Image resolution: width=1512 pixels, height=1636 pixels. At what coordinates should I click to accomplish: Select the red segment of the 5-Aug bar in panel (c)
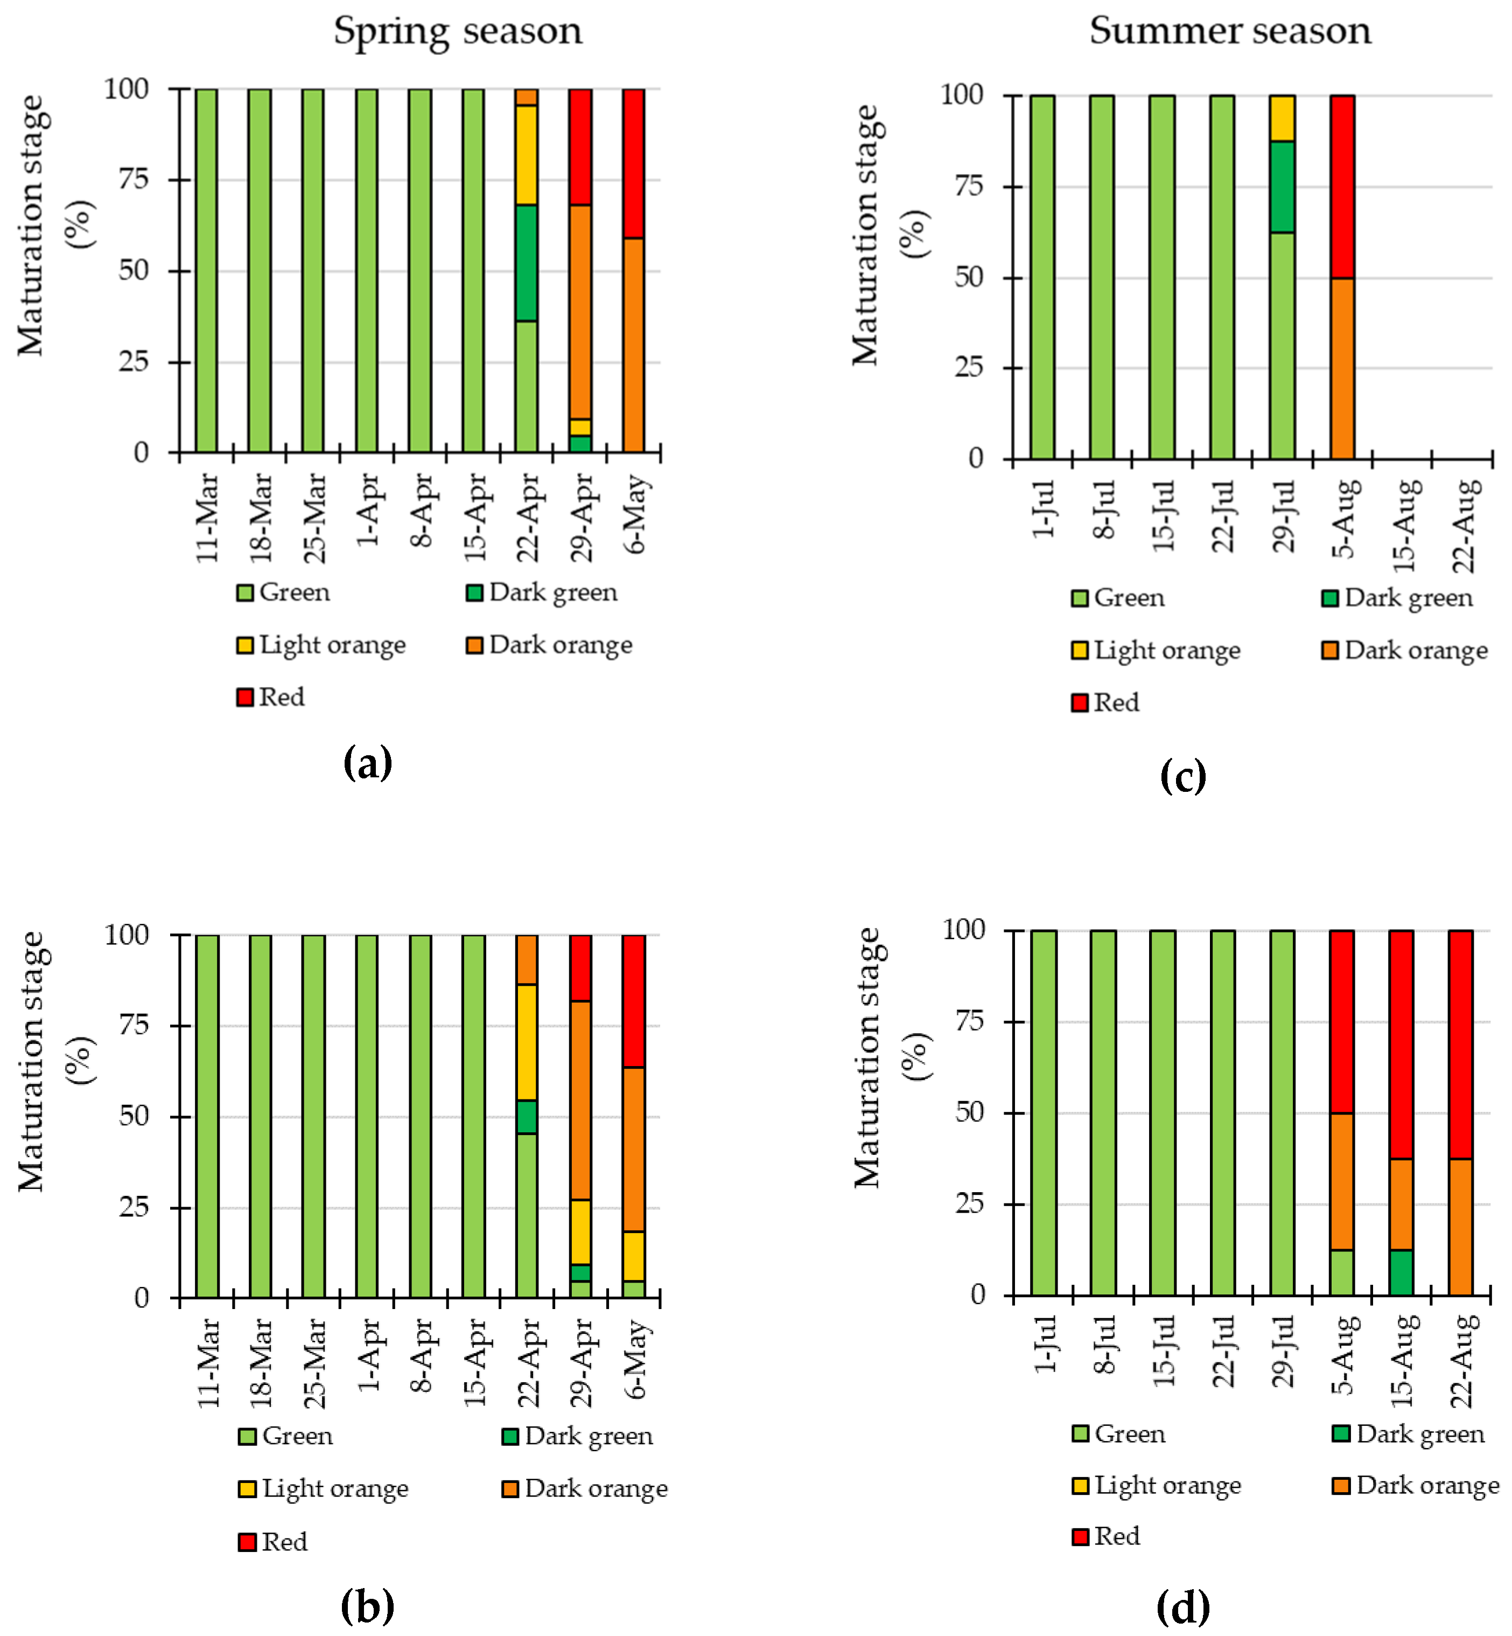click(x=1342, y=186)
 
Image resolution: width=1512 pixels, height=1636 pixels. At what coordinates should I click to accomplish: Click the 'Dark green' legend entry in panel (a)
click(x=542, y=593)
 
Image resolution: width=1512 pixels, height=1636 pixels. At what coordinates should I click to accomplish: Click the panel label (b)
click(x=367, y=1606)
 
